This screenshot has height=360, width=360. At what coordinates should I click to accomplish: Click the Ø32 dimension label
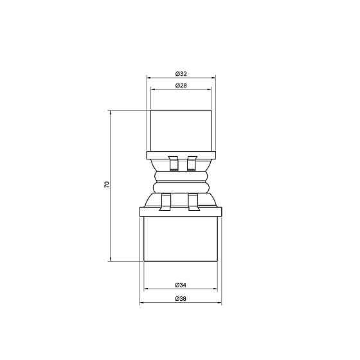180,73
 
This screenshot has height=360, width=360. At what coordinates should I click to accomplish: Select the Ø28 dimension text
180,85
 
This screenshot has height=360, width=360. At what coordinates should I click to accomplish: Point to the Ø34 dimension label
180,284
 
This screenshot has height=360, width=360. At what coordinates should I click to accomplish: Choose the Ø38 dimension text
180,299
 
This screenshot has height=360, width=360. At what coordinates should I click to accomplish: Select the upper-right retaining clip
191,164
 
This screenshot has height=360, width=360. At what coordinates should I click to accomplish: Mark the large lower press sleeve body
180,238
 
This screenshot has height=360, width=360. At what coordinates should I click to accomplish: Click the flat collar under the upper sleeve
180,155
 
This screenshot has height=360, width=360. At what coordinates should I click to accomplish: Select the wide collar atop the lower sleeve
180,210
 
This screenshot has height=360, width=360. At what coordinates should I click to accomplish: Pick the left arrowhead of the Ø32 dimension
149,78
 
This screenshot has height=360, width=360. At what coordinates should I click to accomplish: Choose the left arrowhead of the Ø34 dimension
145,289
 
